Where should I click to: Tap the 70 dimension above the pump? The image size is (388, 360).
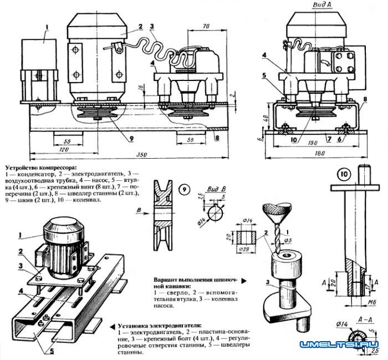tap(206, 26)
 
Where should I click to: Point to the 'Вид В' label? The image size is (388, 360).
tap(216, 189)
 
